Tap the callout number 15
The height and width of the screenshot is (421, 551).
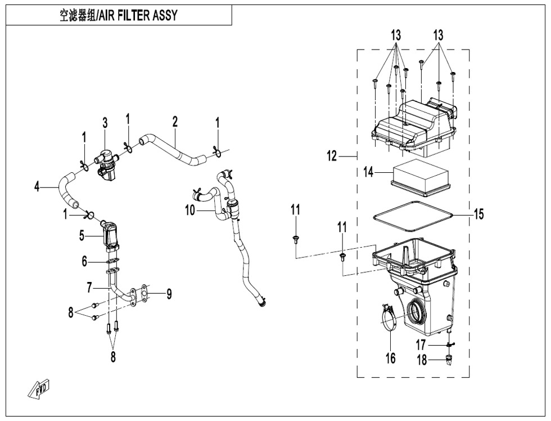[478, 214]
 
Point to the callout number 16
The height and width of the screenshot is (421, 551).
[390, 358]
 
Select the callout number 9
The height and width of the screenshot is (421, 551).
[169, 294]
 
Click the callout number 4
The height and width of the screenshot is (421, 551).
[38, 186]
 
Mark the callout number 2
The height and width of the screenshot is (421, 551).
[175, 122]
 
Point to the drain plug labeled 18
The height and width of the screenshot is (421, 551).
[449, 359]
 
